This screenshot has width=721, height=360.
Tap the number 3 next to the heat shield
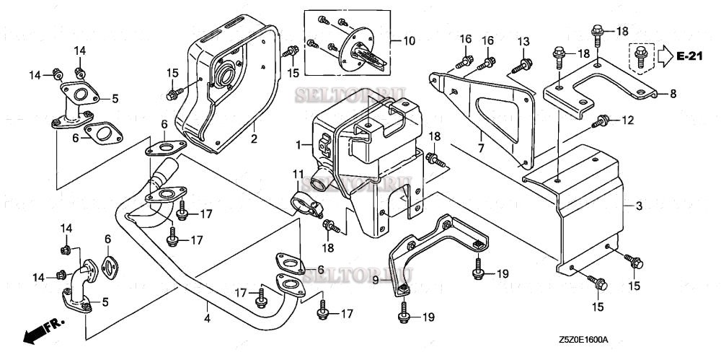pyautogui.click(x=638, y=206)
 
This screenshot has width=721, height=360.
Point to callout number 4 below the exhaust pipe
pyautogui.click(x=206, y=318)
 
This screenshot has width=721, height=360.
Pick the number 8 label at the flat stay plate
pyautogui.click(x=673, y=94)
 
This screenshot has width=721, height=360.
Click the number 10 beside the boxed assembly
pyautogui.click(x=409, y=41)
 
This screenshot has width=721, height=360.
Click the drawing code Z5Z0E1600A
pyautogui.click(x=583, y=339)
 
